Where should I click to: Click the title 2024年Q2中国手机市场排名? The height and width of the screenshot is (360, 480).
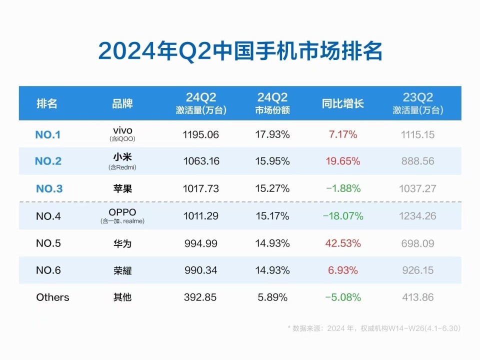point(240,51)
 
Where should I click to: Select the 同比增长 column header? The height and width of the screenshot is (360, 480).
point(342,103)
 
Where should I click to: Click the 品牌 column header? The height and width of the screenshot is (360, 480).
point(122,103)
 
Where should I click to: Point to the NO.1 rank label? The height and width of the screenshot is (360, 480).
point(48,134)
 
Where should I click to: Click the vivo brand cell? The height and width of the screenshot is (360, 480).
point(122,131)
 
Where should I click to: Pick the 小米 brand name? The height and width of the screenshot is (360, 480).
point(122,157)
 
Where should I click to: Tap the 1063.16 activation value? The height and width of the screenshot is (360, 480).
point(200,161)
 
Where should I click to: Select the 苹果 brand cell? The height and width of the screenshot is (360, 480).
point(122,188)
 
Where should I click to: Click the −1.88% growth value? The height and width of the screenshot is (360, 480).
point(342,188)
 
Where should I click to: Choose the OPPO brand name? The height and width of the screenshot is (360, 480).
point(122,212)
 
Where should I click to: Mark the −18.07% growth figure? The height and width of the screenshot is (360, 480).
point(342,216)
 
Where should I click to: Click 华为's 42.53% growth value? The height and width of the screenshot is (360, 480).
point(342,243)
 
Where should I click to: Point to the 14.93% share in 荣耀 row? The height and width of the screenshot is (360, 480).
point(272,270)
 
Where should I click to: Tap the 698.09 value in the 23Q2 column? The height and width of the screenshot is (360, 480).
point(417,243)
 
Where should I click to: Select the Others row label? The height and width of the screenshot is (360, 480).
point(52,297)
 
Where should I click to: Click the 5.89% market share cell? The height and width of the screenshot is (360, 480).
point(272,297)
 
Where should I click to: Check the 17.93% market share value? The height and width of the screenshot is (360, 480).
point(272,134)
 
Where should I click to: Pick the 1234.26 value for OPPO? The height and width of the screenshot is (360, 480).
point(417,216)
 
